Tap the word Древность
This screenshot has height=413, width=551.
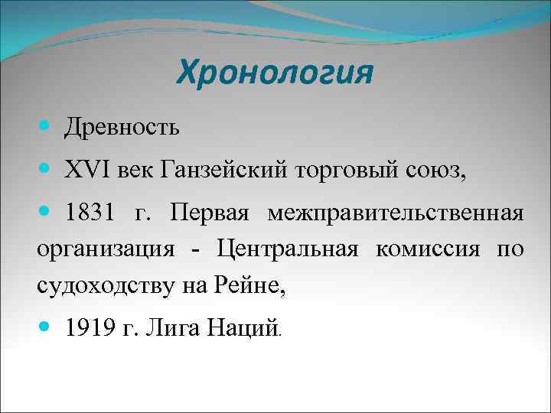click(123, 127)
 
